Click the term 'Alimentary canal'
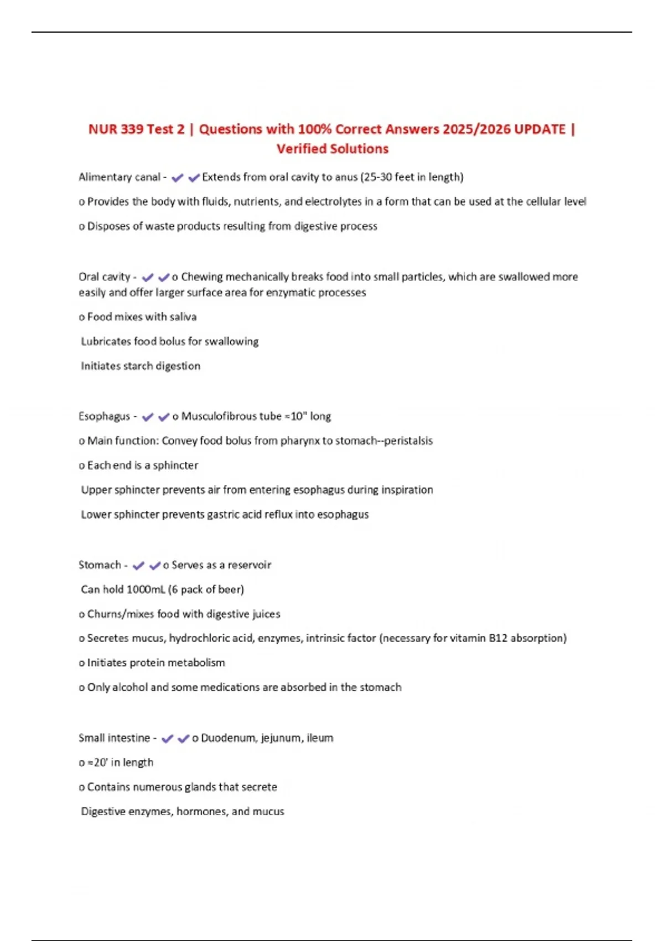[x=119, y=177]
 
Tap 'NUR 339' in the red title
[x=116, y=129]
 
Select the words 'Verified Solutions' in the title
[x=333, y=149]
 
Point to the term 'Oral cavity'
[x=104, y=277]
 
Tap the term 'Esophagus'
[x=104, y=416]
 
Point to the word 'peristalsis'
[x=408, y=441]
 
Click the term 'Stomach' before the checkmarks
[x=100, y=565]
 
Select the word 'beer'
[x=230, y=590]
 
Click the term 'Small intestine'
[x=114, y=738]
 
